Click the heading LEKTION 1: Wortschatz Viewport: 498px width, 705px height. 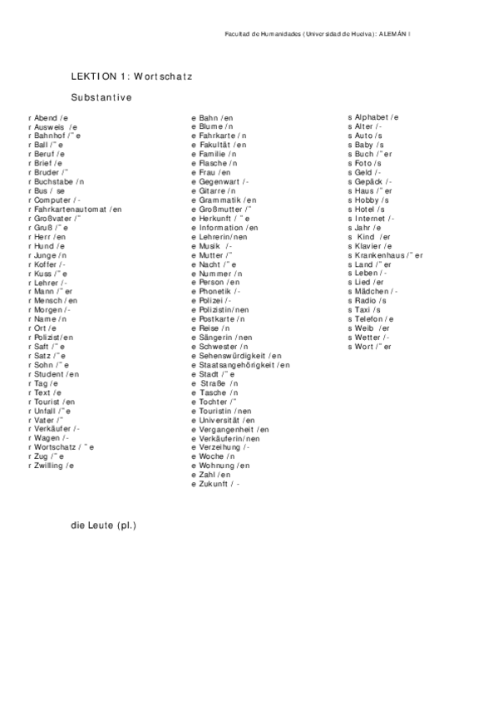pyautogui.click(x=131, y=76)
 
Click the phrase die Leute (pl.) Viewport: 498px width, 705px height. pyautogui.click(x=103, y=525)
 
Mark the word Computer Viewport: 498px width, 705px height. pyautogui.click(x=53, y=200)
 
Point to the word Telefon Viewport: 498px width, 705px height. pyautogui.click(x=370, y=319)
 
